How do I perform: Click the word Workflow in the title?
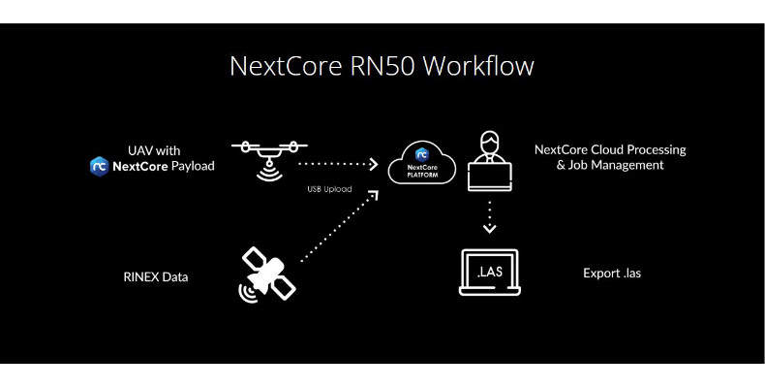coord(477,67)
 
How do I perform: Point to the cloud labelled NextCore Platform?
coord(421,166)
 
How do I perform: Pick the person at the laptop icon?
coord(489,163)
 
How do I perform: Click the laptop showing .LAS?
coord(488,274)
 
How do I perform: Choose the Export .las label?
coord(612,274)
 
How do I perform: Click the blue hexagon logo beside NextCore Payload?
coord(98,166)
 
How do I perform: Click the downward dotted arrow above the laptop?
coord(489,215)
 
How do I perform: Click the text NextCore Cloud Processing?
coord(610,149)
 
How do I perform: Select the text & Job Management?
coord(598,165)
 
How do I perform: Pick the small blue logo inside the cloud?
coord(421,153)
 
